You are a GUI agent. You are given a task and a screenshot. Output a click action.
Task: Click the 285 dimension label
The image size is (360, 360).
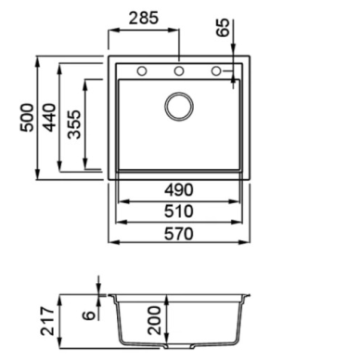click(144, 19)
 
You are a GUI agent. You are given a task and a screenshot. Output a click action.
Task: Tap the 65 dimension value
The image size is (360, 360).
click(223, 28)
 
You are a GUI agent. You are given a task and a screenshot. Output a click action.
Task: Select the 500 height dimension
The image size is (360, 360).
click(27, 118)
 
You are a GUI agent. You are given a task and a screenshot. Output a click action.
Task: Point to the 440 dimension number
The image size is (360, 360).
click(49, 118)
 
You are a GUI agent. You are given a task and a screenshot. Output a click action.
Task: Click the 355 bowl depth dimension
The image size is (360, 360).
click(74, 124)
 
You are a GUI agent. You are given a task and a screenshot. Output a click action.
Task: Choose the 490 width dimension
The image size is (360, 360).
click(179, 190)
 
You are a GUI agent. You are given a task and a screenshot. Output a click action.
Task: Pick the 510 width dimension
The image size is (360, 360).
click(179, 212)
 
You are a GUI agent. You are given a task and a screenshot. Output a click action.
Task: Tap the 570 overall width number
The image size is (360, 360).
click(179, 234)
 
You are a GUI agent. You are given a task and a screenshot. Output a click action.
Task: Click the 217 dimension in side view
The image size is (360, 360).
click(47, 321)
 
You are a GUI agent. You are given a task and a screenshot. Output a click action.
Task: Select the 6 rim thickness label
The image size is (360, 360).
click(89, 315)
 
